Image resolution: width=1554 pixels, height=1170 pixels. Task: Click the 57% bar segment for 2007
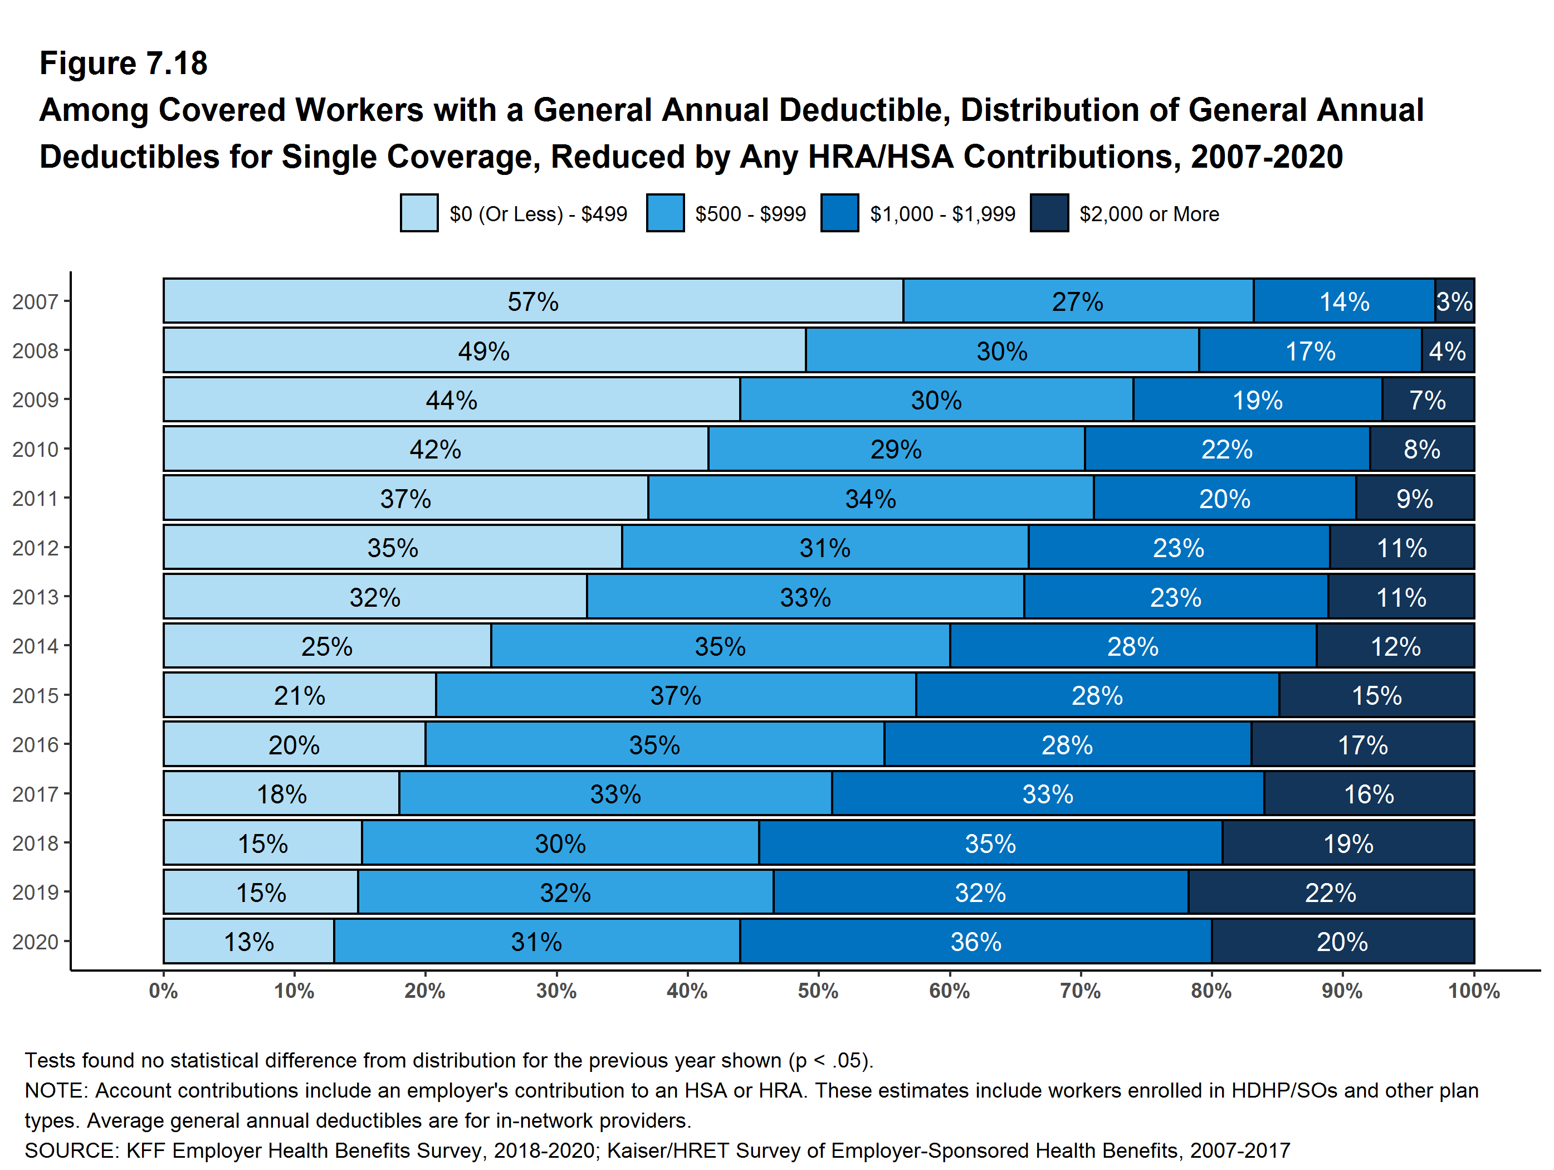tap(532, 301)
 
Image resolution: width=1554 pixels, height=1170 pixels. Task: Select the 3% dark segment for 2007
tap(1454, 301)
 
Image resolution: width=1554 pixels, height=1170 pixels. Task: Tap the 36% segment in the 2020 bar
tap(975, 942)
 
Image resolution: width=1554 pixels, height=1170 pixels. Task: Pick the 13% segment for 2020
tap(249, 942)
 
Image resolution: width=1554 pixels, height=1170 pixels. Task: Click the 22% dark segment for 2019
tap(1331, 893)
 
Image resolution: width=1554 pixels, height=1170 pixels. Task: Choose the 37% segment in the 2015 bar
tap(675, 696)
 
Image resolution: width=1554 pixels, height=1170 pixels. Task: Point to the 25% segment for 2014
tap(327, 646)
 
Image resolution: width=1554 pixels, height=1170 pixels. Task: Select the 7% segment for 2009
tap(1428, 400)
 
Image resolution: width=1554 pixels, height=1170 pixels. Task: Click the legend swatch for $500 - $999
tap(664, 213)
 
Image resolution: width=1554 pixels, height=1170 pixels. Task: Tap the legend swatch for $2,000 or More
tap(1049, 213)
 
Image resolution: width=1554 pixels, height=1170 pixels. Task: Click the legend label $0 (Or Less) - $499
tap(538, 213)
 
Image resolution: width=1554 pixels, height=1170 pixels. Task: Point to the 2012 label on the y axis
tap(35, 548)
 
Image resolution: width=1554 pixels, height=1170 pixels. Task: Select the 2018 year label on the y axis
tap(35, 844)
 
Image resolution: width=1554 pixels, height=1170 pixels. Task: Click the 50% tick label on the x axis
tap(818, 992)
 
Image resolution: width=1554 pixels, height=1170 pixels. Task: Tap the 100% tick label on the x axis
tap(1473, 992)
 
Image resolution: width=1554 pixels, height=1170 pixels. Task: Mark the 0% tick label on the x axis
tap(163, 992)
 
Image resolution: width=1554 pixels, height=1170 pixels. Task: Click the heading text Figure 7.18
tap(124, 64)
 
